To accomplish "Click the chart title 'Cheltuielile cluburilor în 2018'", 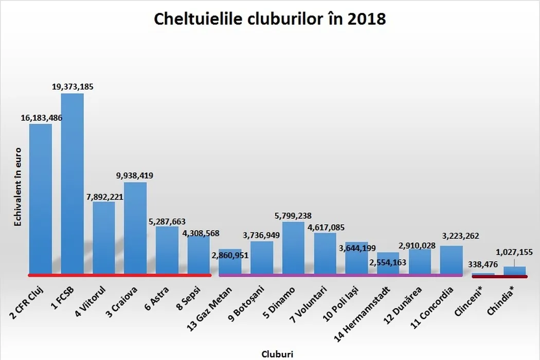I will pos(270,20).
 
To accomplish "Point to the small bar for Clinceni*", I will pos(483,274).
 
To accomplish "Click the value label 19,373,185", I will pos(73,86).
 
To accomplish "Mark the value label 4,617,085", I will pos(325,227).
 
